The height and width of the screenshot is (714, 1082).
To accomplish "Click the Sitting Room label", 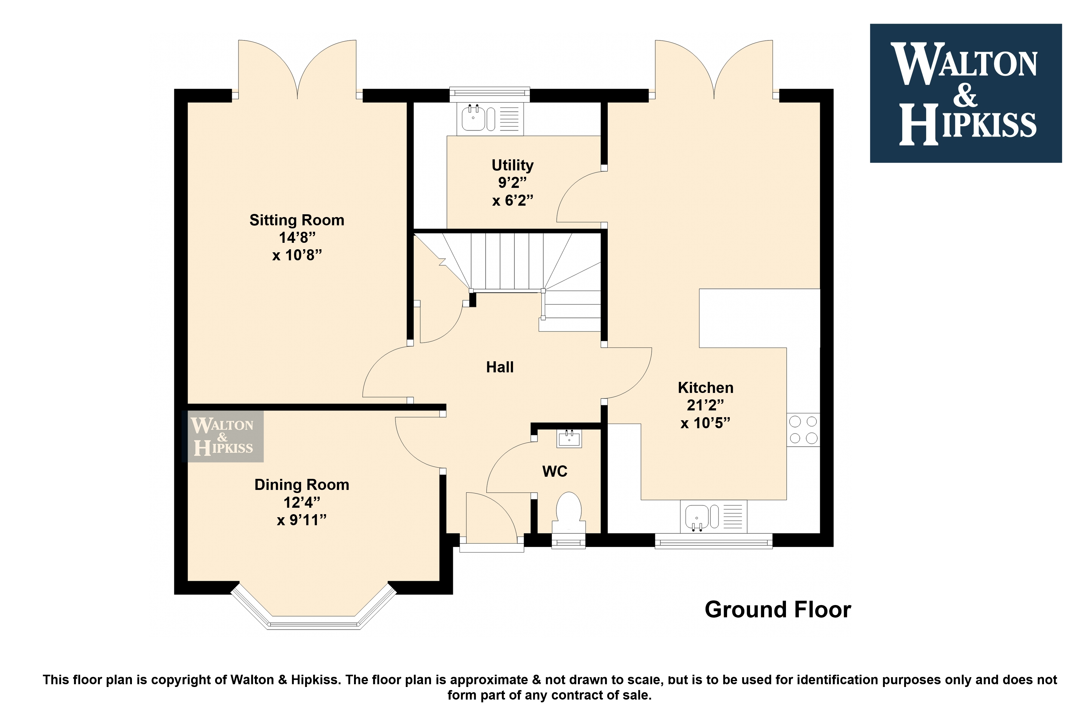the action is point(297,220).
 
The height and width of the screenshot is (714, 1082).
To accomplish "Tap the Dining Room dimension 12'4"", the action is point(302,502).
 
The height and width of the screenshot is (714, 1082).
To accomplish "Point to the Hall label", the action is point(500,367).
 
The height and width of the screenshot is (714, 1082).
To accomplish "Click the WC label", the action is point(555,471).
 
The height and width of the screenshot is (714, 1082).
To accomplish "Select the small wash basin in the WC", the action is point(569,439).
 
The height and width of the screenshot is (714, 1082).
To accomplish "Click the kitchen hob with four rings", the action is point(803,429).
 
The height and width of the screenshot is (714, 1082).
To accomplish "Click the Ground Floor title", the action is point(778,610).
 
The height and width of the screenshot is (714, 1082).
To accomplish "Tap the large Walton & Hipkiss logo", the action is point(965,93).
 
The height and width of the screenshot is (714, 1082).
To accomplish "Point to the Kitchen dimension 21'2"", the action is point(705,405).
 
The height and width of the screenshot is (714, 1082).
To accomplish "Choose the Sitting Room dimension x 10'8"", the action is point(297,255).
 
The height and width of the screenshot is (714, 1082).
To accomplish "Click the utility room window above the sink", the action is point(490,94).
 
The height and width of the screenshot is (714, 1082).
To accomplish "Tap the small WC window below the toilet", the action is point(568,542).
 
